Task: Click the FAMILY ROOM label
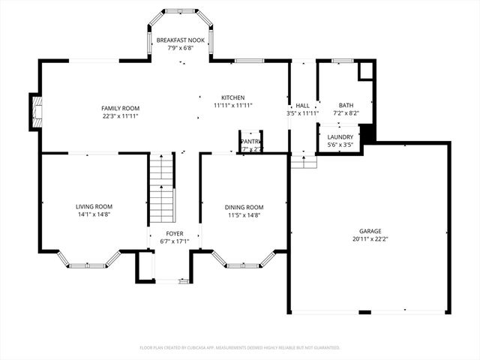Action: (120, 108)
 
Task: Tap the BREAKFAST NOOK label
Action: (180, 40)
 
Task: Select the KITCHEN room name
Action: (232, 97)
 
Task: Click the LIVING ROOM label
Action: (94, 206)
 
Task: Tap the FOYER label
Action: (174, 233)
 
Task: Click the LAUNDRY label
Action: (340, 136)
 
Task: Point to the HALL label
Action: (302, 106)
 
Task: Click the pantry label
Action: (250, 141)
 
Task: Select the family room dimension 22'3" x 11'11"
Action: (120, 116)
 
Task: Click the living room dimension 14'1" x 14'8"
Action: (94, 214)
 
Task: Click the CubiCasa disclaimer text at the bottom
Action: (240, 348)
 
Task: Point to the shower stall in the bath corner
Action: (365, 70)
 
